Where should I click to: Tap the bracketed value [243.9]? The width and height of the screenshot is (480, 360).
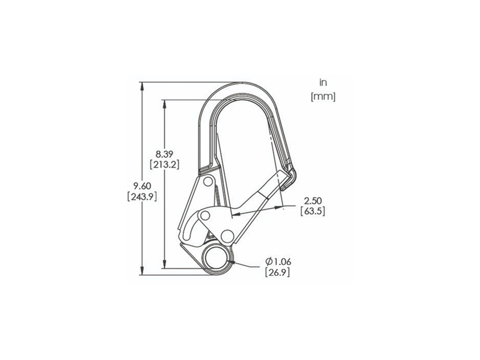pyautogui.click(x=142, y=196)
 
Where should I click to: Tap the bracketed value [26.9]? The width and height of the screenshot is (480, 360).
pyautogui.click(x=277, y=272)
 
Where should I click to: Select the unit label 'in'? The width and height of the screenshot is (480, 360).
pyautogui.click(x=323, y=84)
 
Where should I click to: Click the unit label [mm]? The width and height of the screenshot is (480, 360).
pyautogui.click(x=323, y=96)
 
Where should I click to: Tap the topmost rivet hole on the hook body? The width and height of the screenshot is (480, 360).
pyautogui.click(x=208, y=182)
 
